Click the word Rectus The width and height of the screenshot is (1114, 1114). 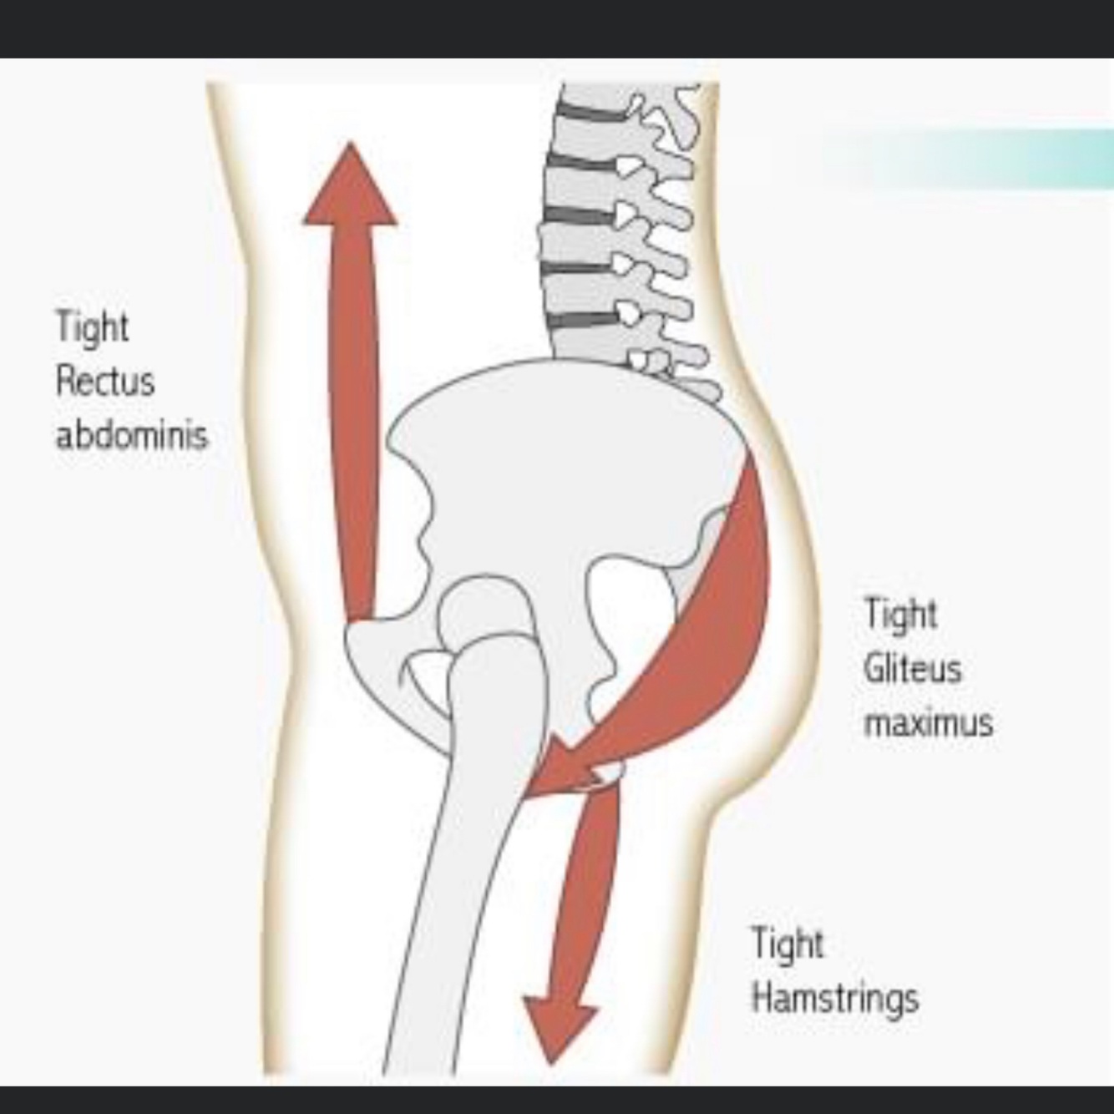coord(105,382)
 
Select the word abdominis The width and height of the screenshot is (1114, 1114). coord(131,435)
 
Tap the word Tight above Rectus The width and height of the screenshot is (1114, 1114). coord(92,327)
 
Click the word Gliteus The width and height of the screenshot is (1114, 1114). coord(912,669)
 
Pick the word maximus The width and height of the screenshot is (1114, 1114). coord(928,722)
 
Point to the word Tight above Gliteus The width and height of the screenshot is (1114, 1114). coord(899,615)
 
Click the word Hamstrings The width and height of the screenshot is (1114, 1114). coord(834,998)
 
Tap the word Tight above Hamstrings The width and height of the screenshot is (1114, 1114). coord(787,944)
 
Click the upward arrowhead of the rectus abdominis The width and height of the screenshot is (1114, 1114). coord(350,188)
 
